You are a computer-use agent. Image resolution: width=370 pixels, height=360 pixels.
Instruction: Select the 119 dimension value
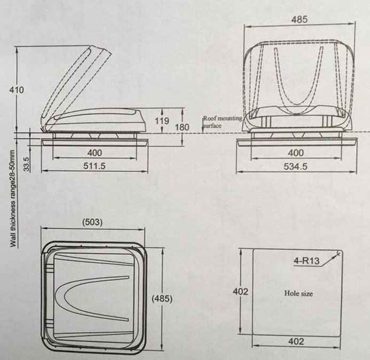tap(162, 121)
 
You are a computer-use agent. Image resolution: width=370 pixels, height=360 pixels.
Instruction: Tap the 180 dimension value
tap(183, 127)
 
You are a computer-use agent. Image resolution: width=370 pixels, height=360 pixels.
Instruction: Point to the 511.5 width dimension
tap(95, 166)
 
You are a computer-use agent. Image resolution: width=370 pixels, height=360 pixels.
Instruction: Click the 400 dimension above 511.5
tap(95, 153)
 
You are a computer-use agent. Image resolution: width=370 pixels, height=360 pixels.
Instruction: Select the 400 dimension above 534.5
tap(295, 153)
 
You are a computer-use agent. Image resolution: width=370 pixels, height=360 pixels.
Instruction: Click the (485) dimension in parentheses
tap(161, 299)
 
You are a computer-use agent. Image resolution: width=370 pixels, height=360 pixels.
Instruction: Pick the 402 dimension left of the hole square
tap(240, 291)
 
